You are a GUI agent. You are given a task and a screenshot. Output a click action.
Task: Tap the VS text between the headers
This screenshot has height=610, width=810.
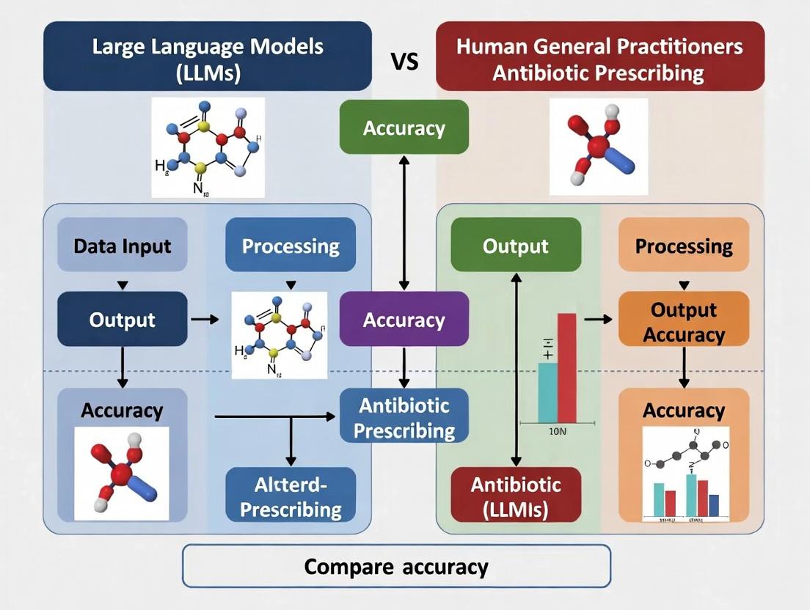[404, 61]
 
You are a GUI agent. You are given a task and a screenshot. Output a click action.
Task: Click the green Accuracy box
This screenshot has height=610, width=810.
[404, 128]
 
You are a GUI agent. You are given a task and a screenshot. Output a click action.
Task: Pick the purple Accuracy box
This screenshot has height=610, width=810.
[404, 319]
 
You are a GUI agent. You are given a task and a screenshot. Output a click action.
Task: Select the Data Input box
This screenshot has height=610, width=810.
[122, 245]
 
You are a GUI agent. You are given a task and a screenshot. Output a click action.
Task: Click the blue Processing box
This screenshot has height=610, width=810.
[291, 245]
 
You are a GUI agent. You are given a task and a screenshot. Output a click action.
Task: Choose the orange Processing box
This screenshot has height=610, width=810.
[684, 245]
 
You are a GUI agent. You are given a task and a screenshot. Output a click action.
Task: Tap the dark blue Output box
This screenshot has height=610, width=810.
[122, 319]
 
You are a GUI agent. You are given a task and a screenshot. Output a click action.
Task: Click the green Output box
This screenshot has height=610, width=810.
[515, 245]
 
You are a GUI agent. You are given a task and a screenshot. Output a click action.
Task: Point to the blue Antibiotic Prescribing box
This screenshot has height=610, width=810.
[404, 416]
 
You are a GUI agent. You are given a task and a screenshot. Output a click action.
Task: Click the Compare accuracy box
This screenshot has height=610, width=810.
[396, 566]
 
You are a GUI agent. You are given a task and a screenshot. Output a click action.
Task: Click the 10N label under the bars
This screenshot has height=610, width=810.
[558, 432]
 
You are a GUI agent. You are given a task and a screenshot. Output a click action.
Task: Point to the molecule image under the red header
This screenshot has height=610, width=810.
[599, 147]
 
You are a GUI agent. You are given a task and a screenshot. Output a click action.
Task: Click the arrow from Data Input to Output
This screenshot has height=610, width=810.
[123, 284]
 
